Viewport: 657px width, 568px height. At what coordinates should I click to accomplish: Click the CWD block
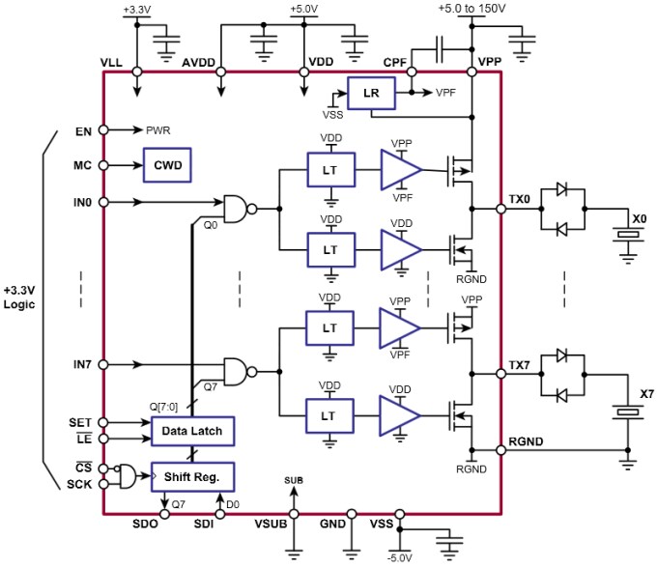pos(167,165)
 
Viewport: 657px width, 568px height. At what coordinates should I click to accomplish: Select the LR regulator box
pos(372,94)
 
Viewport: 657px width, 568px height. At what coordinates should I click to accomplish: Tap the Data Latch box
pos(193,430)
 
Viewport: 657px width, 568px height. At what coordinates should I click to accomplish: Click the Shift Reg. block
pos(193,476)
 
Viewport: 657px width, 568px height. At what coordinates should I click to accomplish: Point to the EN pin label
pos(83,129)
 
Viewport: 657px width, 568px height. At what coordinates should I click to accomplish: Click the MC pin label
pos(82,165)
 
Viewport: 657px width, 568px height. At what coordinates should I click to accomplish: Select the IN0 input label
pos(81,202)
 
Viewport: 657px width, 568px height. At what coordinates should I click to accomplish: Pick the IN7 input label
pos(81,365)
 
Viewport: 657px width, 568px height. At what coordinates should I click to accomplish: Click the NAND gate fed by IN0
pos(237,207)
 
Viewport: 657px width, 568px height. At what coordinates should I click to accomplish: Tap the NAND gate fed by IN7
pos(237,370)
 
